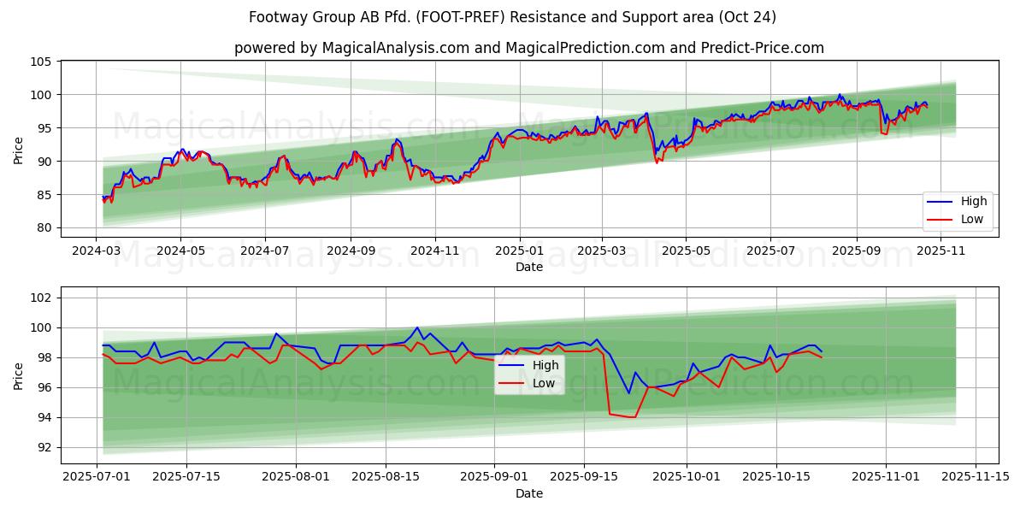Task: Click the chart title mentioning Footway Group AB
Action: point(512,17)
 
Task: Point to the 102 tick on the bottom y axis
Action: point(43,298)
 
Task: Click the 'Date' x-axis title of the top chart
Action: point(529,268)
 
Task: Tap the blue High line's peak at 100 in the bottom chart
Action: point(417,327)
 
